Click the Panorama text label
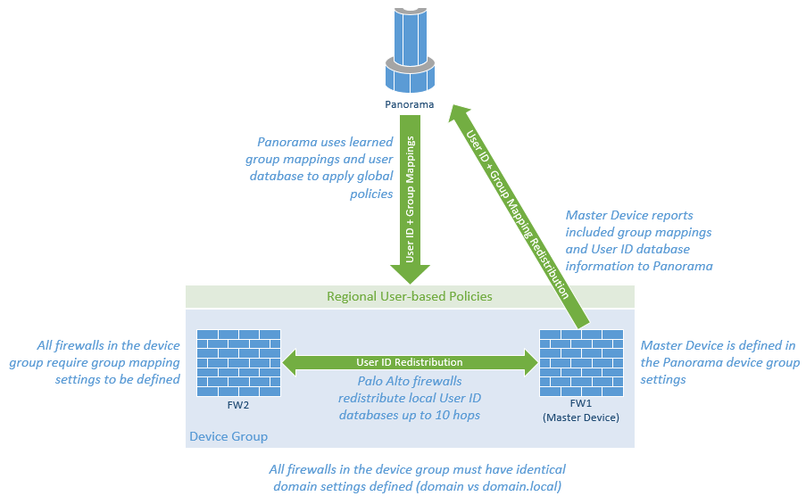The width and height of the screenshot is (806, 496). click(409, 104)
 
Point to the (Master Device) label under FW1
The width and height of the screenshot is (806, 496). click(582, 417)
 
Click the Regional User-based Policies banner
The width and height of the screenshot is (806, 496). click(410, 296)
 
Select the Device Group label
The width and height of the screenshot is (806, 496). click(229, 436)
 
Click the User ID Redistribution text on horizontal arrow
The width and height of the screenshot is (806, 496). click(410, 362)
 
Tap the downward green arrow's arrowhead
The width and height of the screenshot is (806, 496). click(410, 274)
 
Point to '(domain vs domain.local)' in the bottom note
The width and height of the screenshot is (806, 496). click(419, 485)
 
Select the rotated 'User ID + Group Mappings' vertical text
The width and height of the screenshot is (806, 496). click(411, 197)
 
